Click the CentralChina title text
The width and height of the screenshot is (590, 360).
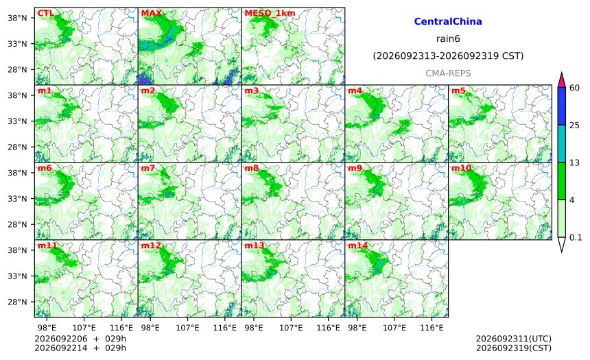(448, 21)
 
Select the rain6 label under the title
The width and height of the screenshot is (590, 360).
(448, 39)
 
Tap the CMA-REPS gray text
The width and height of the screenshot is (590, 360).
(448, 73)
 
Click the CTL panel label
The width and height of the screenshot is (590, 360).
(45, 13)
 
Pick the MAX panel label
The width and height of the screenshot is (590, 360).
(151, 13)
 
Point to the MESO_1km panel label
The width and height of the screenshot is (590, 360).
(270, 13)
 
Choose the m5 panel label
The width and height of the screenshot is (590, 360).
(458, 91)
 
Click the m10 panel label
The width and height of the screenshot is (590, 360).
(461, 168)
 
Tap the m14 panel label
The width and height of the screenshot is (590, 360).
(357, 245)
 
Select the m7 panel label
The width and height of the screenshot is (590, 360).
(148, 168)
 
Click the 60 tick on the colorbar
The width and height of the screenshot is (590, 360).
(575, 88)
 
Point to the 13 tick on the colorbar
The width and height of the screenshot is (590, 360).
(574, 163)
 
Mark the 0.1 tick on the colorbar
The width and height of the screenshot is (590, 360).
(576, 237)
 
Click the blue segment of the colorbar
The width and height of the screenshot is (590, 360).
(562, 106)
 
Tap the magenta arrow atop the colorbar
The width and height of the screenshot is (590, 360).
(562, 80)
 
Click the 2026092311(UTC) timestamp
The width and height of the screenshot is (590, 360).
(514, 339)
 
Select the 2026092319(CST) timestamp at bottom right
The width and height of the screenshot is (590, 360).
(514, 348)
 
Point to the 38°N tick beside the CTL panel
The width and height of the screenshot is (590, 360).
(18, 18)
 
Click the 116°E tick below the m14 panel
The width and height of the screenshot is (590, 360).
(432, 328)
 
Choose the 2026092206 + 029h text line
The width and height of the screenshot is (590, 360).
(80, 339)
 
